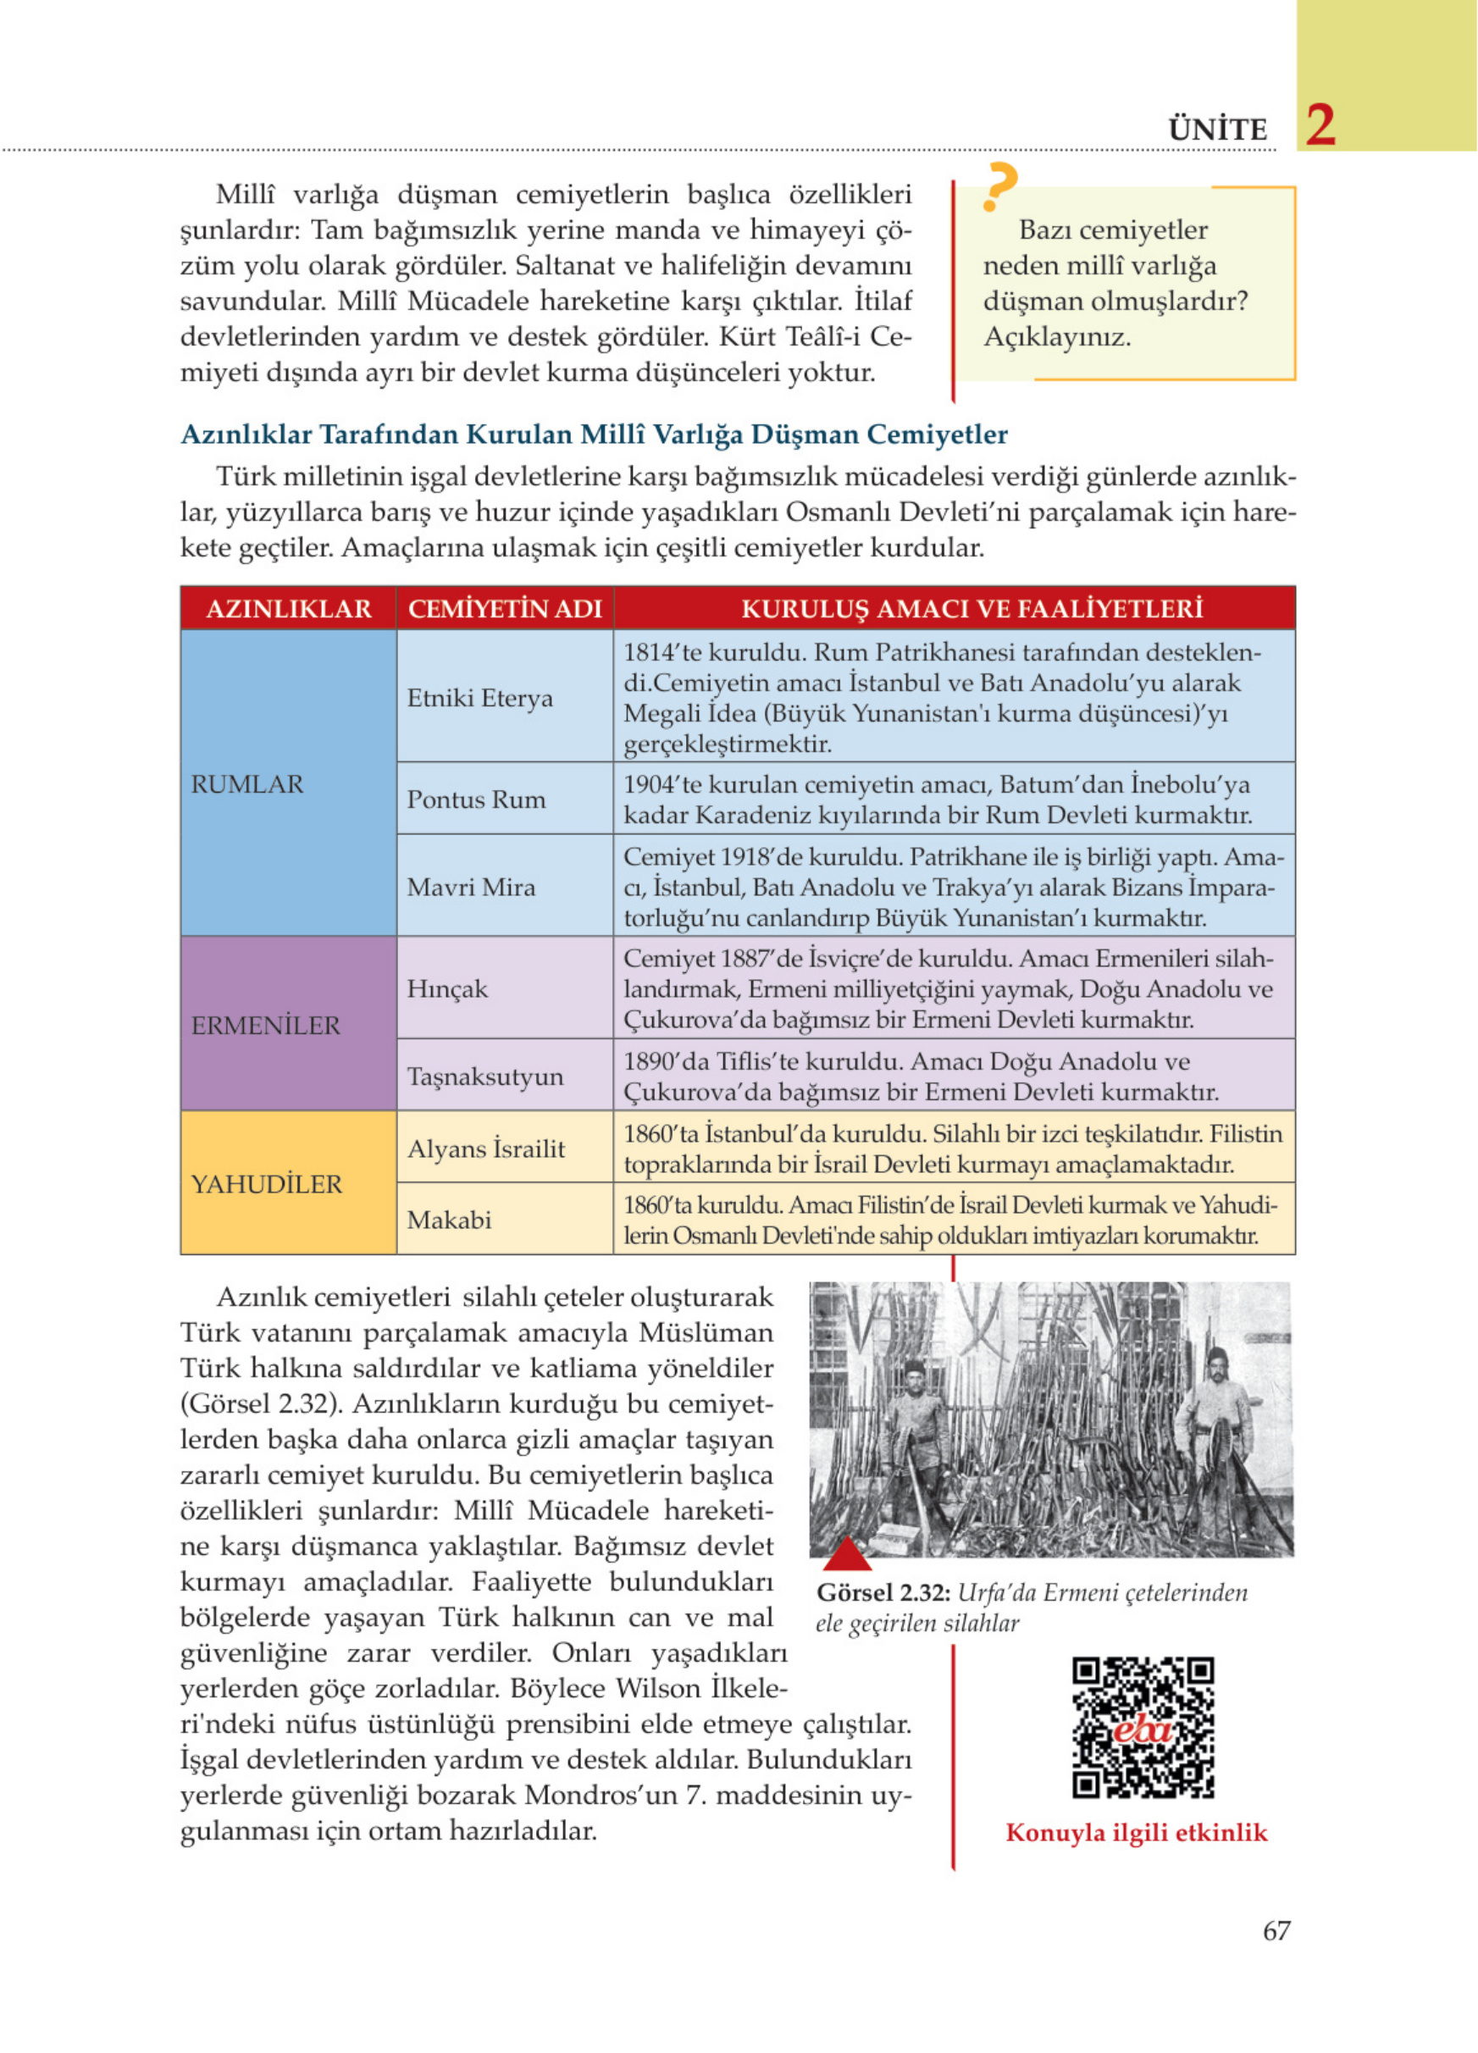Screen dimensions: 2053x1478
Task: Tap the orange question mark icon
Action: click(x=999, y=186)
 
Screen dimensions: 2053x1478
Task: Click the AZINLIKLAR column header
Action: click(x=289, y=608)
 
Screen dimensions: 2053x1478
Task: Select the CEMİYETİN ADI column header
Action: click(x=505, y=608)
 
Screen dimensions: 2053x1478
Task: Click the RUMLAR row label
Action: click(x=247, y=784)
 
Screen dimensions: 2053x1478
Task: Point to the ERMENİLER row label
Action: click(x=265, y=1026)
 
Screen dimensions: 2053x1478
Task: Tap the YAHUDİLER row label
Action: click(x=266, y=1184)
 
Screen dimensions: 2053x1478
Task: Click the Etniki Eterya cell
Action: click(x=479, y=698)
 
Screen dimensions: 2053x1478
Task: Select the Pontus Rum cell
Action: click(x=476, y=800)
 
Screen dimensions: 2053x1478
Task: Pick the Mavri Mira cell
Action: click(x=471, y=887)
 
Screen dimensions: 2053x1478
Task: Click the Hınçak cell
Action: click(x=447, y=988)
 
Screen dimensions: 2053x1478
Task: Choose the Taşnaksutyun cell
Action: click(x=485, y=1076)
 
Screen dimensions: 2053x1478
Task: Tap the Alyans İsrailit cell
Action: click(x=486, y=1148)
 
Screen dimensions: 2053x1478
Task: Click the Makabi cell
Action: click(x=449, y=1220)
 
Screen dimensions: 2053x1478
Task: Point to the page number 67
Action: click(x=1276, y=1957)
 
